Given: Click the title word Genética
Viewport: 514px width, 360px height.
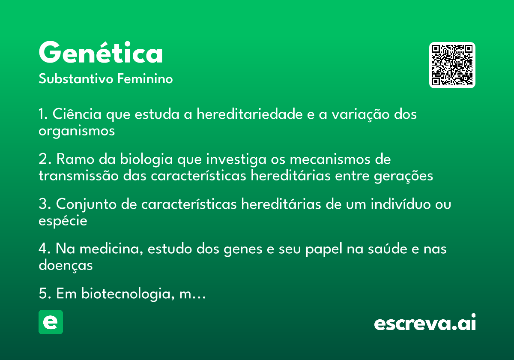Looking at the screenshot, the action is [x=101, y=52].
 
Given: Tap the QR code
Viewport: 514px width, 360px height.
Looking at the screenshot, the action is [x=452, y=65].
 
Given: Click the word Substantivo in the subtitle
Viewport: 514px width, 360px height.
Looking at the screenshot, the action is [x=76, y=78].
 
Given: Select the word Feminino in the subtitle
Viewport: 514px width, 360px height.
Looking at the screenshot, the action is [x=145, y=78].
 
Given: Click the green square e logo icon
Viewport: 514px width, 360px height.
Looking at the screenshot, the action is [x=51, y=322].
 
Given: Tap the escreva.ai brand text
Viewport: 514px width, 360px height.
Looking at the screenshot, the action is [x=425, y=322].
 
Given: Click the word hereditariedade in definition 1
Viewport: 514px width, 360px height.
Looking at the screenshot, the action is [x=250, y=114].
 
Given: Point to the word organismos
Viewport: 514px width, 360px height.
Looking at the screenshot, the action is [x=77, y=131].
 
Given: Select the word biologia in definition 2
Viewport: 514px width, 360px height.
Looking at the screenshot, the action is [x=146, y=159].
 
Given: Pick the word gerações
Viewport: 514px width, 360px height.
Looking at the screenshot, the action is [x=403, y=176].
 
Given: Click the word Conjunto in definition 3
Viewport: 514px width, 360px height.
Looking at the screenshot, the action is [x=86, y=204].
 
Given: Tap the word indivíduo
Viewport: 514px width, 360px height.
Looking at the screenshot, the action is [x=400, y=204].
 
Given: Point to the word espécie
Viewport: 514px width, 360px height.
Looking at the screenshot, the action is [x=63, y=221].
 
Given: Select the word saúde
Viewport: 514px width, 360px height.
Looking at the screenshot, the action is [x=388, y=249].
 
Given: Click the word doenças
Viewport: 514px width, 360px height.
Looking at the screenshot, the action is [x=66, y=265].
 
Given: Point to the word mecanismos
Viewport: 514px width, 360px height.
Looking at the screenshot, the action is [x=330, y=159].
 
